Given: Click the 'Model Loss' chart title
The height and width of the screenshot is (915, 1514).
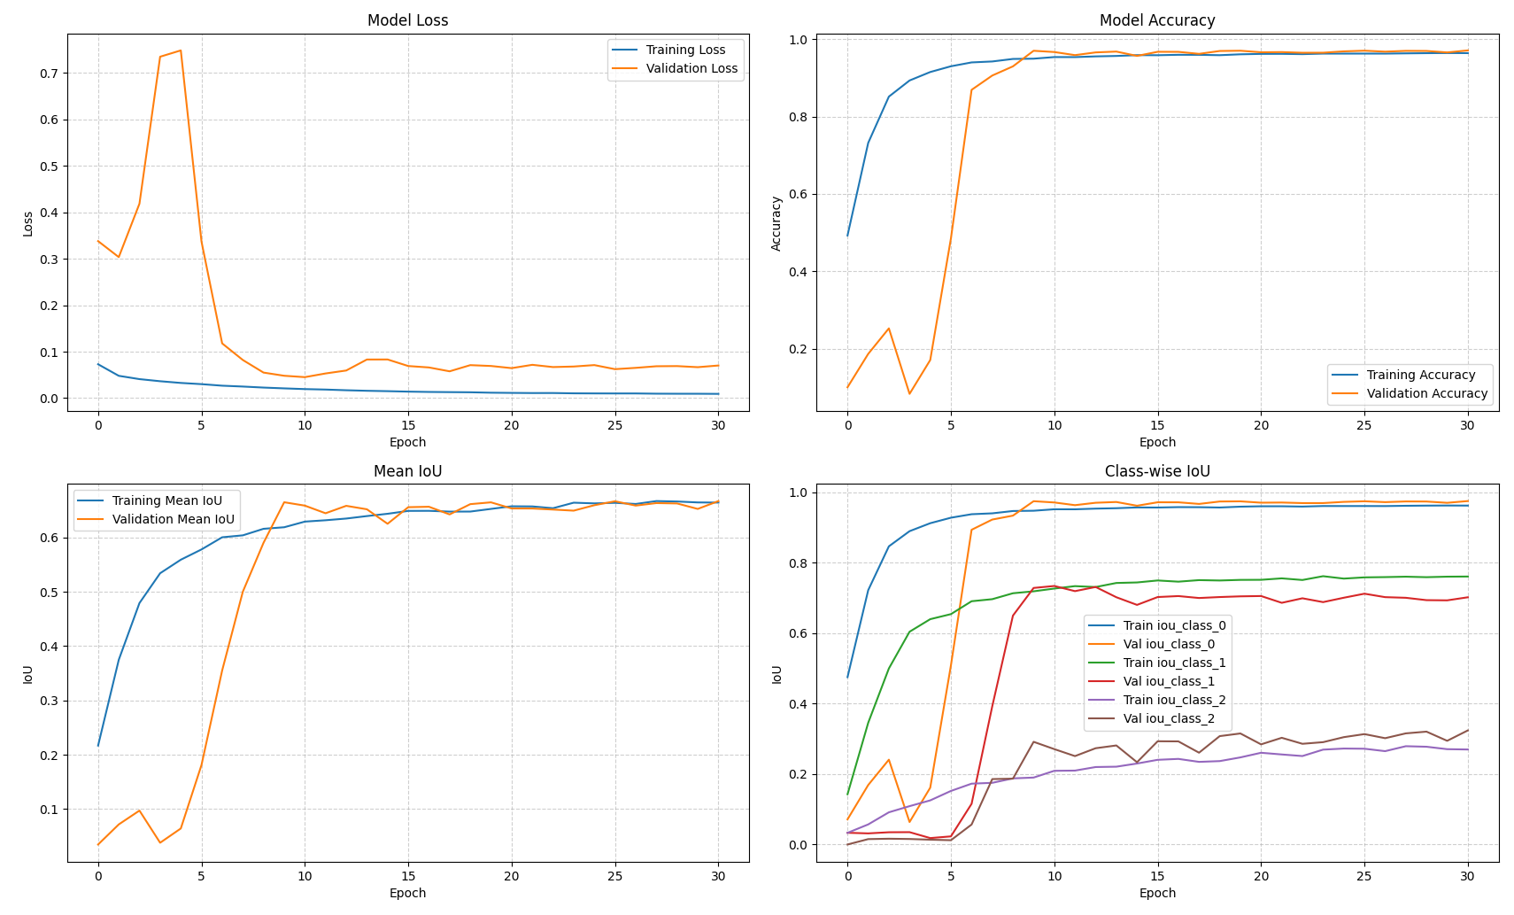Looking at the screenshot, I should (x=407, y=20).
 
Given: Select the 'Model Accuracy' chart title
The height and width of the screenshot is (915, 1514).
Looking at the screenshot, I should (x=1156, y=20).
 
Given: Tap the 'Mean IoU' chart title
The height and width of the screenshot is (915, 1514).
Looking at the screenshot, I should (x=407, y=471).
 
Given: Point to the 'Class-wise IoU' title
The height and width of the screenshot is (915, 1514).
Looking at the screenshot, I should (x=1156, y=471).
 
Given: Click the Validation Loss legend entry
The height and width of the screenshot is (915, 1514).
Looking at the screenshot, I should (x=691, y=68).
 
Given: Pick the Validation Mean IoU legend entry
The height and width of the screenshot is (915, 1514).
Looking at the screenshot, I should (x=173, y=519).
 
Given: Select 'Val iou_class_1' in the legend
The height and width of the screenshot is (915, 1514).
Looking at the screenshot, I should (x=1169, y=681).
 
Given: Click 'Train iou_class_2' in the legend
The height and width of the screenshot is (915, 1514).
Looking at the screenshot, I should (x=1174, y=700).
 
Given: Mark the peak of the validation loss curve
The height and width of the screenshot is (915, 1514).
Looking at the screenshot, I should (x=181, y=50).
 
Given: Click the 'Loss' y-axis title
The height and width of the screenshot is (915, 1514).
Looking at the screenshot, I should (x=27, y=223).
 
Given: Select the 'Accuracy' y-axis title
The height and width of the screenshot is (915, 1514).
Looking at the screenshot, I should (x=776, y=223).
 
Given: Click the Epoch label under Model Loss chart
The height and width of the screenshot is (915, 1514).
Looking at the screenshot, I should (x=407, y=442).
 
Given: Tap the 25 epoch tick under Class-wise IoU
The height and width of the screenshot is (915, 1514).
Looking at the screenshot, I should (x=1363, y=876).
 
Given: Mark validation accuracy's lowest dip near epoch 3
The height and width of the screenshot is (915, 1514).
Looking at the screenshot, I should (x=909, y=393).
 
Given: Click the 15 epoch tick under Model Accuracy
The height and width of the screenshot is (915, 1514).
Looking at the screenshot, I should (x=1157, y=425).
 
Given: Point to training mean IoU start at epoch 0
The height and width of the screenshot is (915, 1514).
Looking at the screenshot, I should (x=98, y=745).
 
